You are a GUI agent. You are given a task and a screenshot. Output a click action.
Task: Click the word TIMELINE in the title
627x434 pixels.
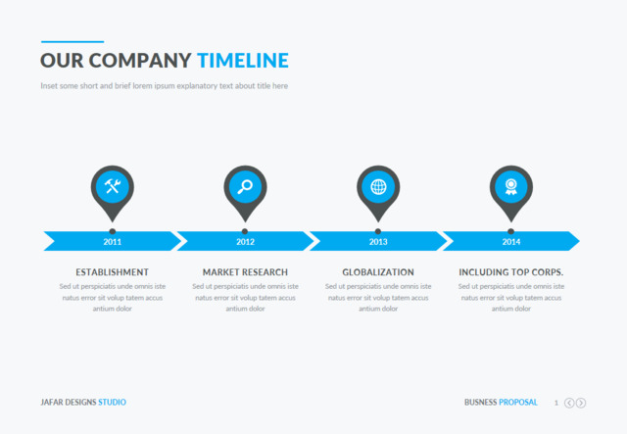click(x=243, y=61)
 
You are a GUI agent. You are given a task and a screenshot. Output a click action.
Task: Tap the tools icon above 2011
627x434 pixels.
click(x=113, y=186)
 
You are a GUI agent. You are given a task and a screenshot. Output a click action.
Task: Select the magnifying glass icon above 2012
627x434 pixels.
click(x=245, y=186)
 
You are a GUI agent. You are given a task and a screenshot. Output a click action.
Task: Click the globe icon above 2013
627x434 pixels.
click(x=378, y=186)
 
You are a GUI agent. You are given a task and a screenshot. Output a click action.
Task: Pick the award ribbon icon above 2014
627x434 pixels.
click(x=510, y=186)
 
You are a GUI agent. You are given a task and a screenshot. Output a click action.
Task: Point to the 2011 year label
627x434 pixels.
click(x=113, y=241)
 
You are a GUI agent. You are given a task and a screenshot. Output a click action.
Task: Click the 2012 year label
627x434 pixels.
click(x=245, y=241)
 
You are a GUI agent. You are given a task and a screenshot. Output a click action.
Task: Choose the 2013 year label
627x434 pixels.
click(x=378, y=241)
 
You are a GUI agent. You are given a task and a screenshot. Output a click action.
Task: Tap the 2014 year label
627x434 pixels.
click(x=511, y=241)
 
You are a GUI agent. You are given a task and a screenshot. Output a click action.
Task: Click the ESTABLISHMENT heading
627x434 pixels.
click(x=113, y=272)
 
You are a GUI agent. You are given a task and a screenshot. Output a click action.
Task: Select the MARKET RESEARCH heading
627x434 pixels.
click(x=245, y=272)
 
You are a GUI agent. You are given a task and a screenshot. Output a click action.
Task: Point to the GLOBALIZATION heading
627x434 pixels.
click(x=378, y=272)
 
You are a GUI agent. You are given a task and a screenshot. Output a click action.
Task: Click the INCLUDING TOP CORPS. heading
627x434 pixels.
click(x=511, y=272)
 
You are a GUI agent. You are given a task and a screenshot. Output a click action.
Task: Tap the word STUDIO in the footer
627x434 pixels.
click(x=112, y=403)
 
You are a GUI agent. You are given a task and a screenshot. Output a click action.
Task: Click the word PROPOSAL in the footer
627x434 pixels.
click(x=518, y=403)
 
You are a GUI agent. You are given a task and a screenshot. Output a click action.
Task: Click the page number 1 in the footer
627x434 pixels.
click(x=556, y=403)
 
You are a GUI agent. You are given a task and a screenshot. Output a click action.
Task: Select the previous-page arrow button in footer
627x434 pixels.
click(x=569, y=403)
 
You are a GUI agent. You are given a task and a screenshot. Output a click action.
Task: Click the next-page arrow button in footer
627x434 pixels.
click(x=581, y=403)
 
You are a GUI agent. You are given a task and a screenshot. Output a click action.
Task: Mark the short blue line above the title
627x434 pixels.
click(x=72, y=42)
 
